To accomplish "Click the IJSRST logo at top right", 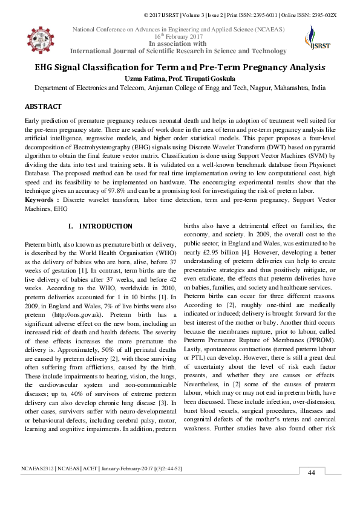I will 313,39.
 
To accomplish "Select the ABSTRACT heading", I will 42,106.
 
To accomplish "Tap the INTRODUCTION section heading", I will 106,226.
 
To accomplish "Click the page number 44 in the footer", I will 312,489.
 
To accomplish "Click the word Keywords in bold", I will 40,199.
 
